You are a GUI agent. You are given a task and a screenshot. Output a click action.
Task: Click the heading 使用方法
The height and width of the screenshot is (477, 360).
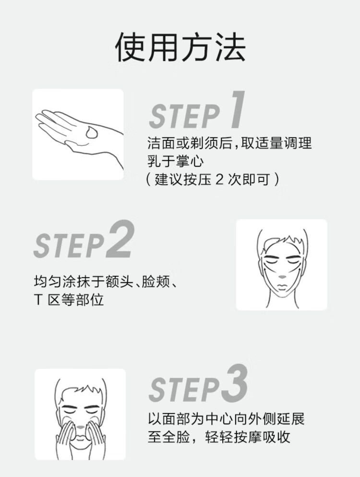point(180,48)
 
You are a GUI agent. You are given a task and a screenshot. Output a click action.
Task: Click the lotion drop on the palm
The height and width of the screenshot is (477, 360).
point(91,132)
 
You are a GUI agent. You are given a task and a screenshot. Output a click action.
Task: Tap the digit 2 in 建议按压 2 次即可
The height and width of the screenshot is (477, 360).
point(219,180)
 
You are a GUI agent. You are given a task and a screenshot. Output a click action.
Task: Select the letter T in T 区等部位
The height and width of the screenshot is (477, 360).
point(38,300)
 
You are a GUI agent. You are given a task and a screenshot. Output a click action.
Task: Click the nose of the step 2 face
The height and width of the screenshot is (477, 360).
point(282,277)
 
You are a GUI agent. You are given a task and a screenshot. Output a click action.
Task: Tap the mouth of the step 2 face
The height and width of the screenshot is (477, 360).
point(282,287)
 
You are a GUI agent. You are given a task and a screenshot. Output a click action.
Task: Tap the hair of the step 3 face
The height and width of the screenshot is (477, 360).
point(81,390)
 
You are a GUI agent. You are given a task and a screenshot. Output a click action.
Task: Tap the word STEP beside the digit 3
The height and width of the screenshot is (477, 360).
point(184,390)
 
